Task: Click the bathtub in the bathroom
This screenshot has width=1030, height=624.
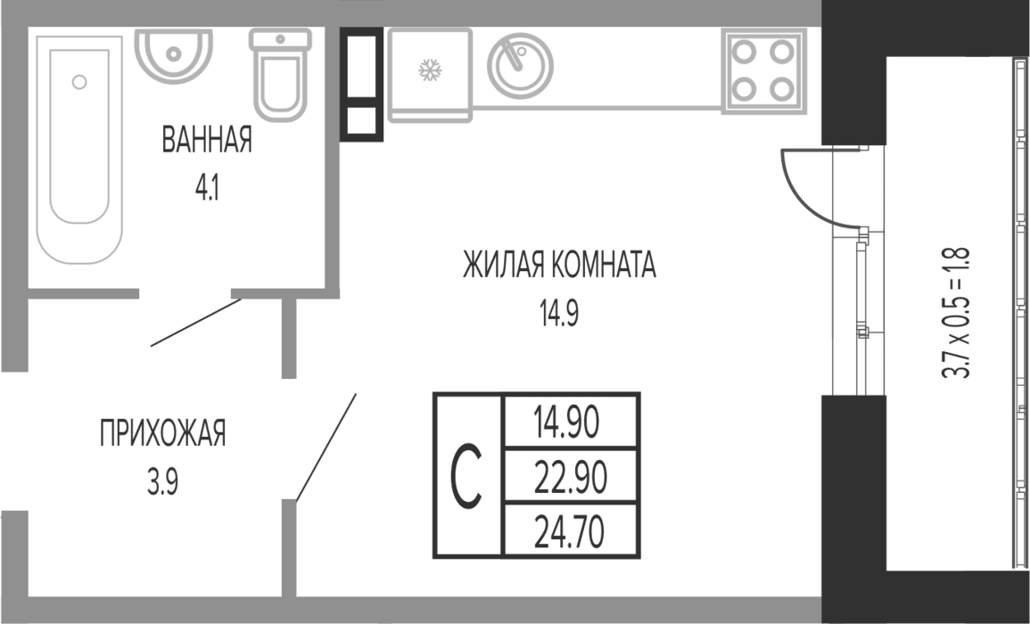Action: tap(78, 150)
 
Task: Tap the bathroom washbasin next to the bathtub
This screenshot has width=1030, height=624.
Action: tap(173, 53)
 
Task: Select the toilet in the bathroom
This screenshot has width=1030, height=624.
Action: tap(281, 75)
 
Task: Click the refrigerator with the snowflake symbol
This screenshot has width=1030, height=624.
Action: tap(430, 74)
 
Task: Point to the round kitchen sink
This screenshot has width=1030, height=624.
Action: tap(520, 66)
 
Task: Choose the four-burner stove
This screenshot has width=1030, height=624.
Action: tap(763, 70)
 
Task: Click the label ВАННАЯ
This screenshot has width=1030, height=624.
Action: tap(207, 140)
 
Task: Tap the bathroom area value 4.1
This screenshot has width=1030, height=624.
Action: tap(207, 189)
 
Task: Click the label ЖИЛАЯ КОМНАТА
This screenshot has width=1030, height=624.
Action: tap(560, 265)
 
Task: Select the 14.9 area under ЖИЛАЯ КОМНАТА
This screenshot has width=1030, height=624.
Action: tap(559, 314)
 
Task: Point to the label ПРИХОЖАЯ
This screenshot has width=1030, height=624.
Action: tap(163, 433)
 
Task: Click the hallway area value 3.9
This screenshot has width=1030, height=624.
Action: tap(162, 483)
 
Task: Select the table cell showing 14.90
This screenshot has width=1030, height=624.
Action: tap(570, 422)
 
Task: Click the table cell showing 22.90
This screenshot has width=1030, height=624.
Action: tap(570, 477)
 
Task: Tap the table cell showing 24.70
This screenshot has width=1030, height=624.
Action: tap(570, 531)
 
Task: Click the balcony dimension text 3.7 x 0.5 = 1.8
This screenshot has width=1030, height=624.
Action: tap(956, 313)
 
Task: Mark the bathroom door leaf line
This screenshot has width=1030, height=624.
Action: tap(196, 323)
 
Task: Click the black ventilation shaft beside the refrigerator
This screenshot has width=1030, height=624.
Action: tap(361, 84)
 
